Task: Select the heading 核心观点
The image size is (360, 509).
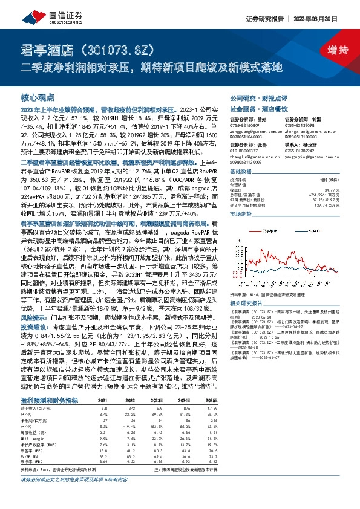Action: [x=38, y=97]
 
